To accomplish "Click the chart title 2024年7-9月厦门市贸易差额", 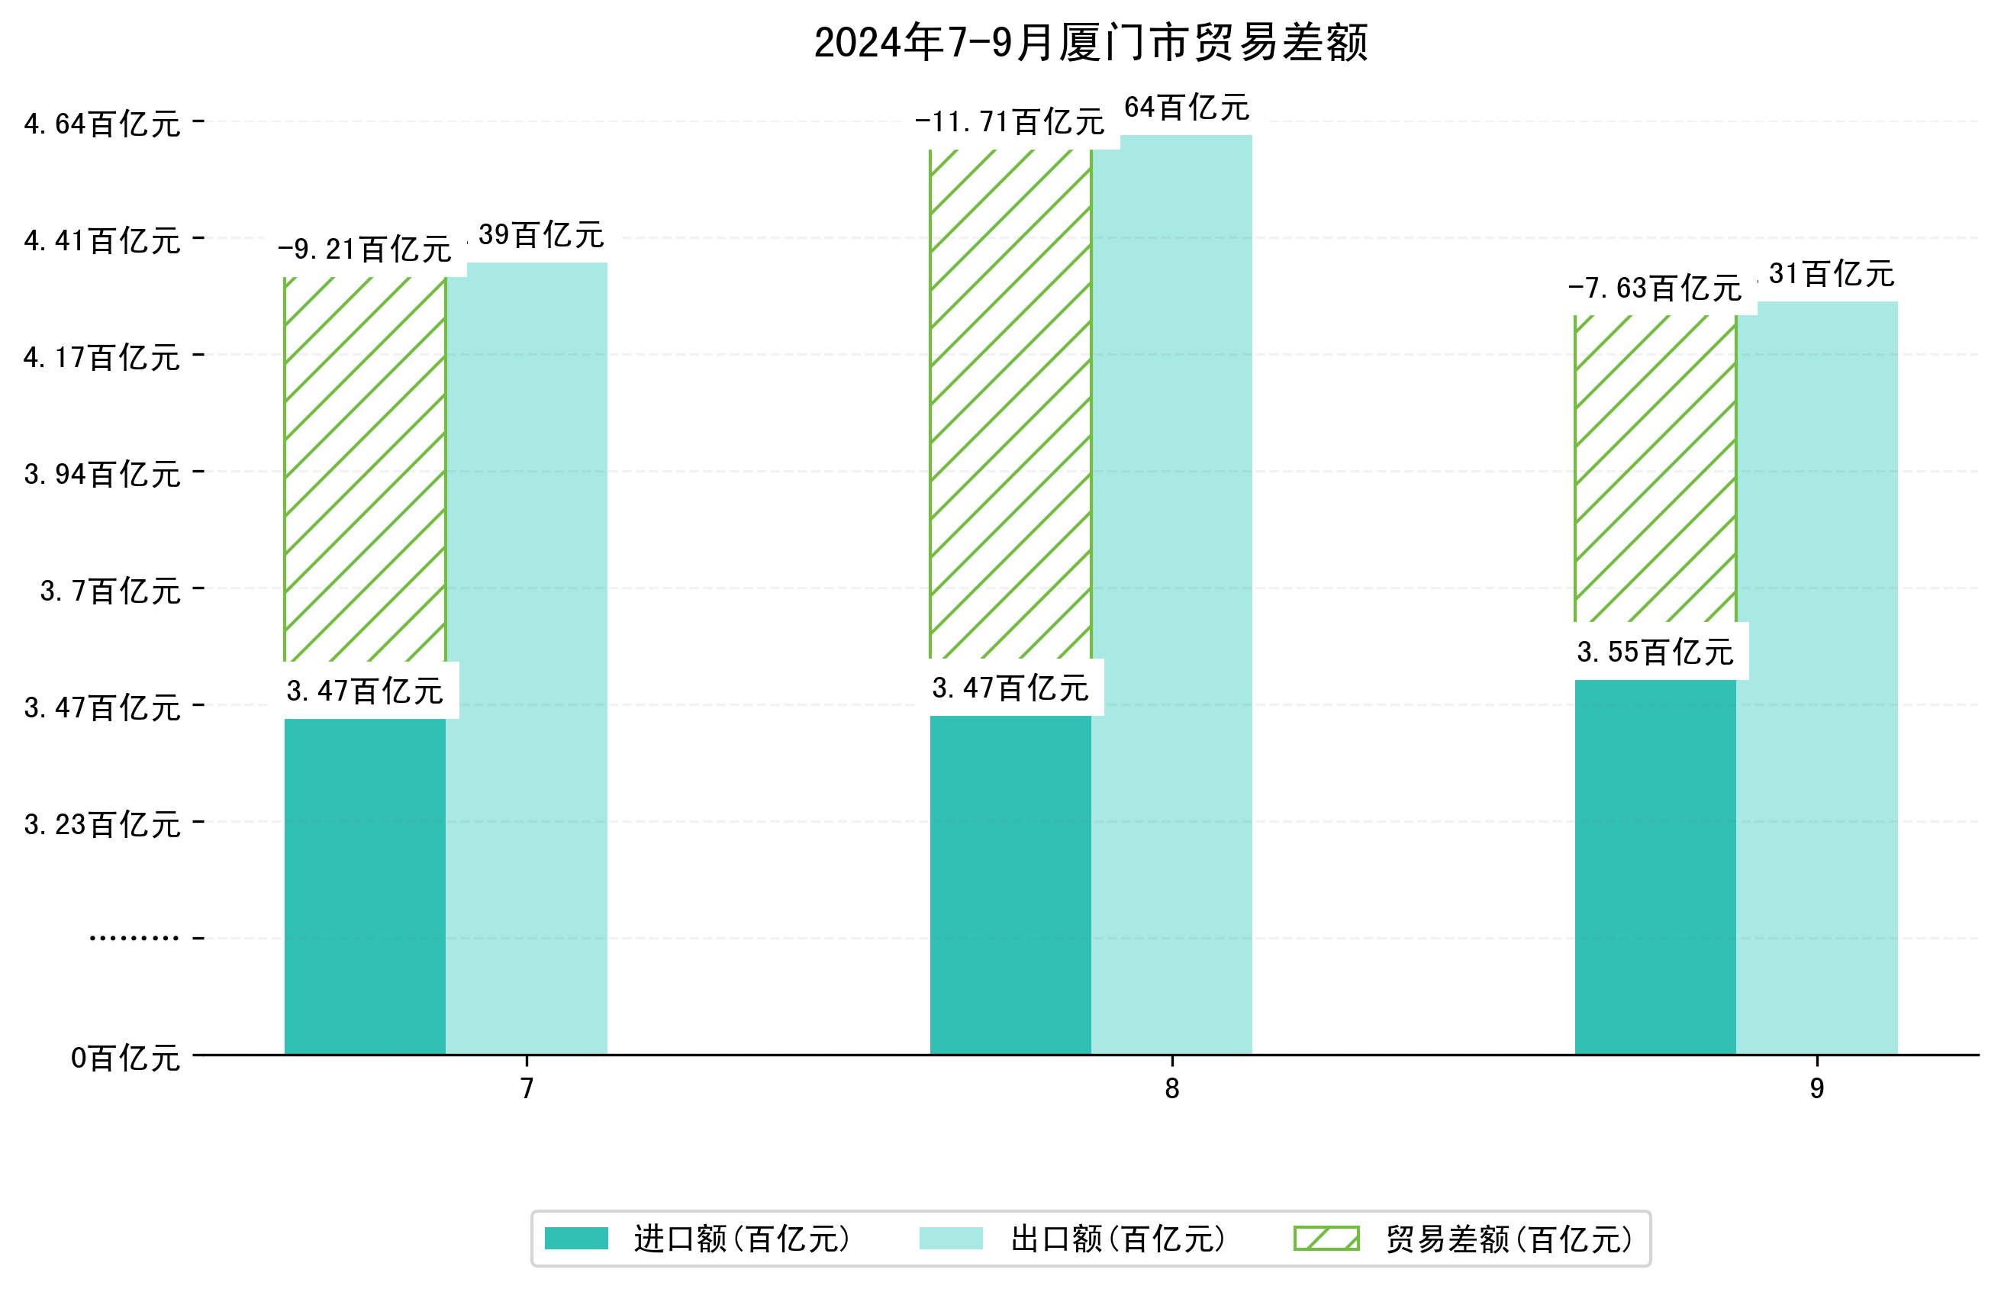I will coord(1090,43).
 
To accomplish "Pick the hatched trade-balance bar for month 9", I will coord(1655,469).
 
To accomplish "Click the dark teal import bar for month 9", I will coord(1655,866).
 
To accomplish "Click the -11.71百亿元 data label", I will coord(1010,122).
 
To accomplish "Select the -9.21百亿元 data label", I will coord(365,250).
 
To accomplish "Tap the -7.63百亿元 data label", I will coord(1655,288).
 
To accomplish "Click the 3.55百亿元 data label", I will coord(1655,652).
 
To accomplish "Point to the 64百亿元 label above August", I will coord(1186,108).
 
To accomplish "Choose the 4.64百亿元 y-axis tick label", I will coord(102,124).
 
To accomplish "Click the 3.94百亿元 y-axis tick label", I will coord(102,475).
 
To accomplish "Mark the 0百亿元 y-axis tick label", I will coord(124,1058).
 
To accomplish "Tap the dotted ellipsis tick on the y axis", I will coord(134,938).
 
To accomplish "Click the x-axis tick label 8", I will coord(1171,1088).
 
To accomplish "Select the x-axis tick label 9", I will coord(1817,1088).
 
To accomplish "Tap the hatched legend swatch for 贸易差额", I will coord(1326,1239).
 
